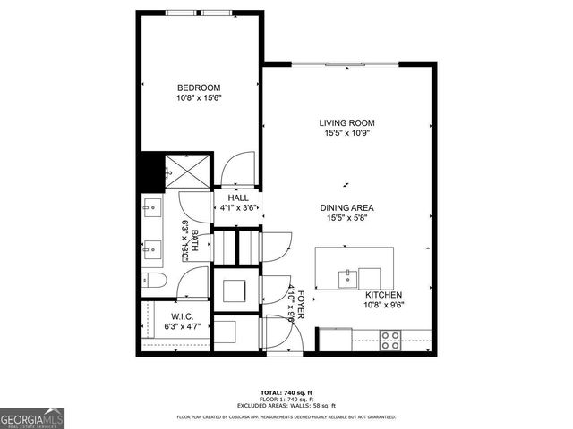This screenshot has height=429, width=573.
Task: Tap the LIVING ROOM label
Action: pos(346,122)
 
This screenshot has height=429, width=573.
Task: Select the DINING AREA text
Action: pos(346,207)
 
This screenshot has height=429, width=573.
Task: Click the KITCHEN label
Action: pos(382,295)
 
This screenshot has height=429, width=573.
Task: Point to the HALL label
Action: pos(238,198)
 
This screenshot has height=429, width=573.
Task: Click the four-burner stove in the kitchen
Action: pos(391,340)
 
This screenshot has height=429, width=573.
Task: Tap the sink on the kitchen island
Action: pos(346,279)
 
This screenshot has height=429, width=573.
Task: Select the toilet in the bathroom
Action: pos(153,282)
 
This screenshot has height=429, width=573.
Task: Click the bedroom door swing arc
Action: pos(238,169)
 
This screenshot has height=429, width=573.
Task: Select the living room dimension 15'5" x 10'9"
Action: pos(346,133)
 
